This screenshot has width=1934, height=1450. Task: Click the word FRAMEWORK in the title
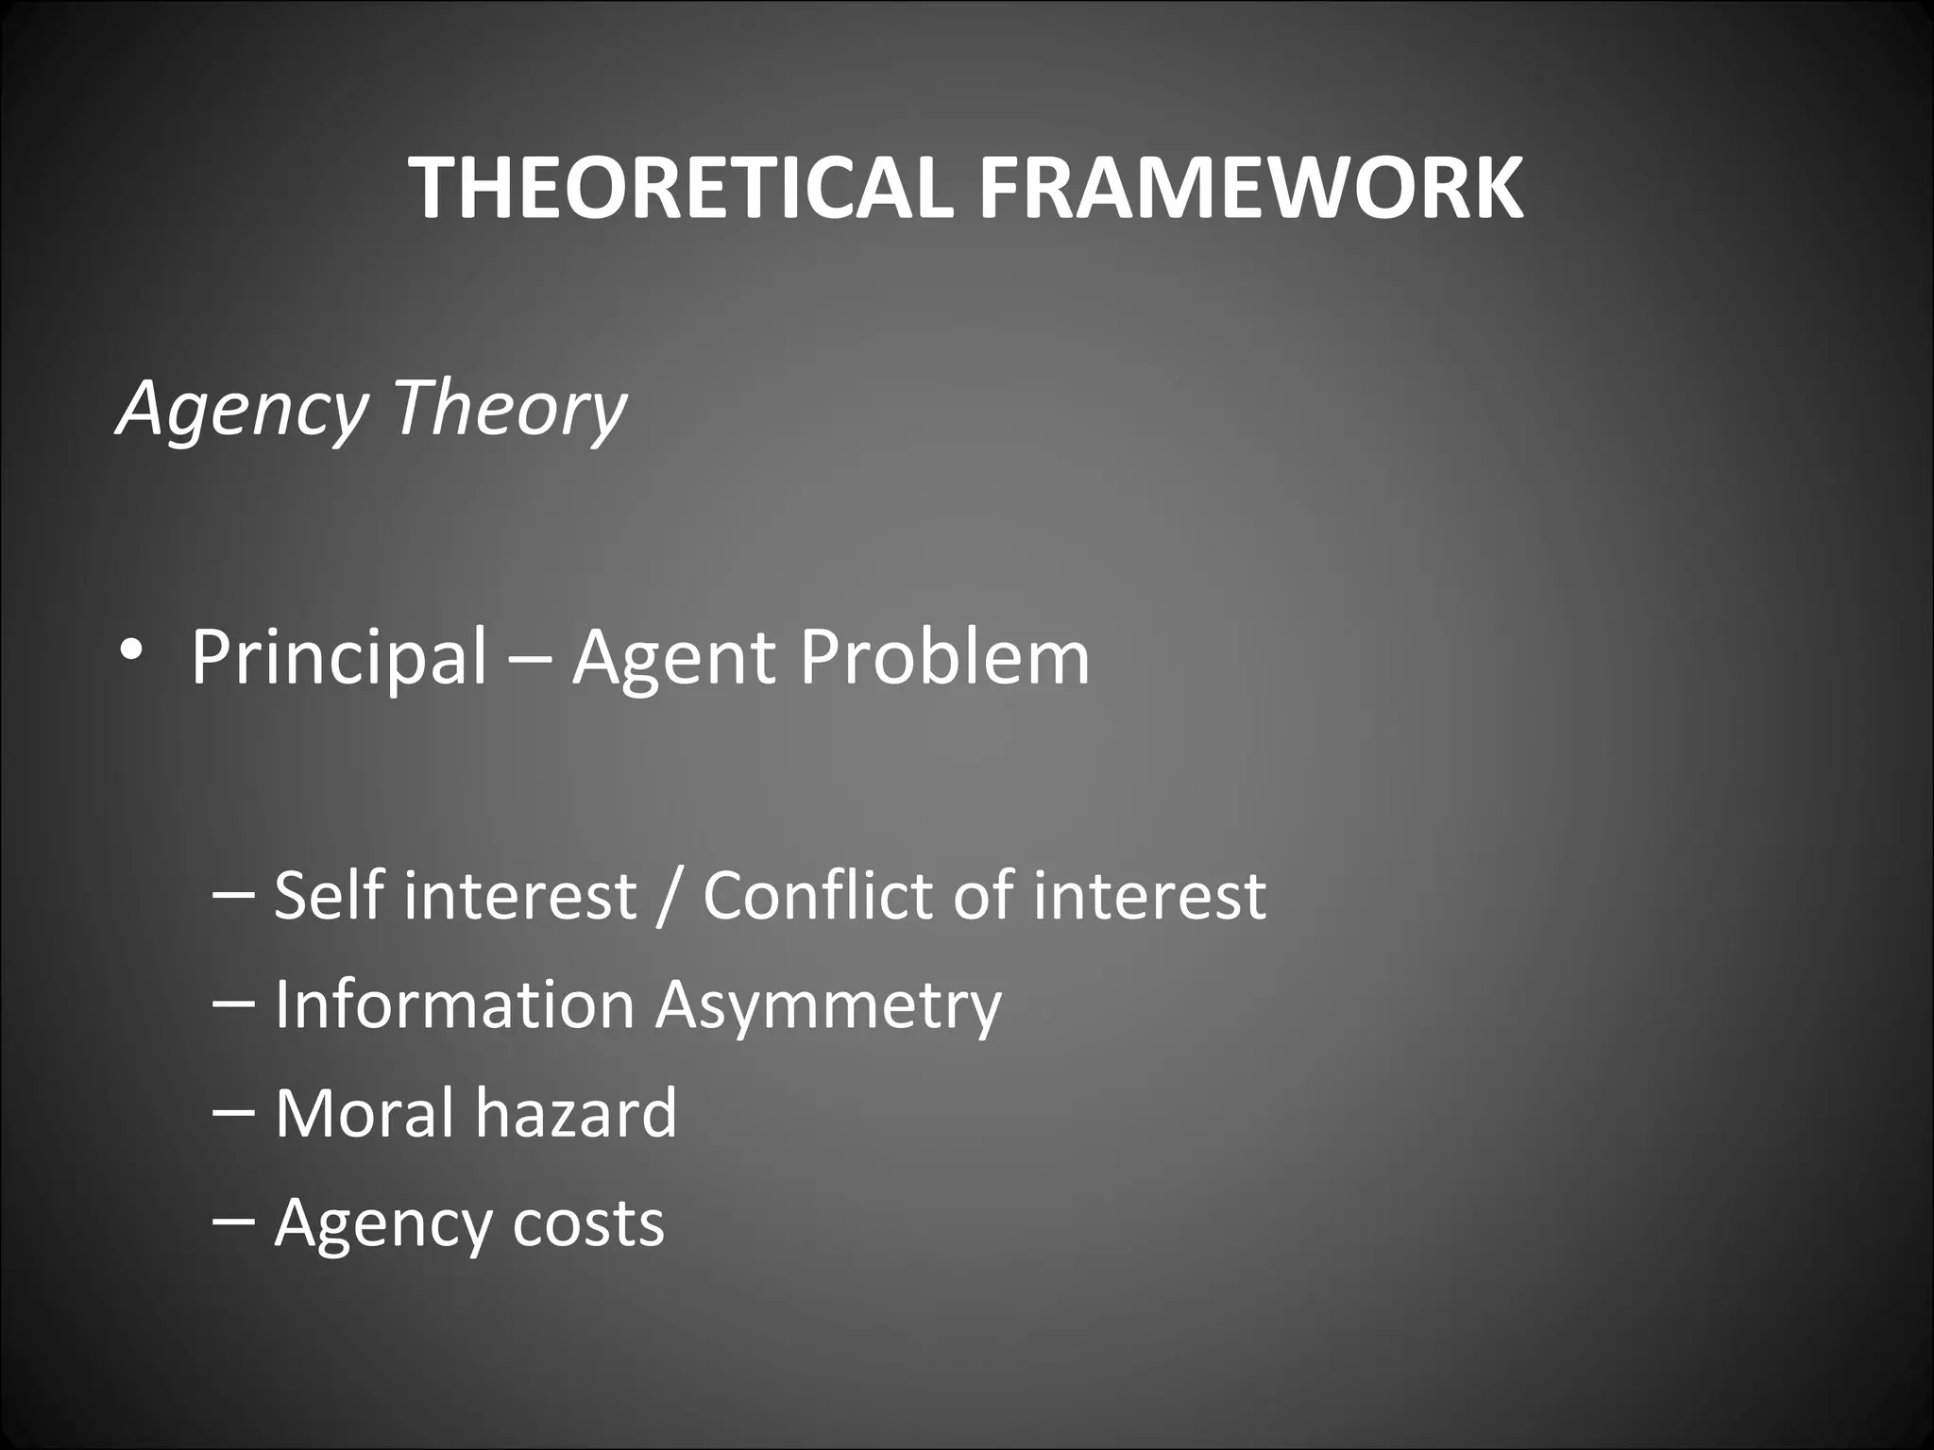[1250, 188]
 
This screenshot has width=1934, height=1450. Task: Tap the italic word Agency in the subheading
[242, 409]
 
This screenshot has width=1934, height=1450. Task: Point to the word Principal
[339, 657]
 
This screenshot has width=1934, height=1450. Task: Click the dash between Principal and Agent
[530, 658]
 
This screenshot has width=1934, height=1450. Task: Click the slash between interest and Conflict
[669, 896]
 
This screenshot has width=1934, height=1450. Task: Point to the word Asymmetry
[828, 1007]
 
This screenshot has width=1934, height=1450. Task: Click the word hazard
[576, 1113]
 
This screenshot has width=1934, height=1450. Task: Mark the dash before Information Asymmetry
[233, 1003]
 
